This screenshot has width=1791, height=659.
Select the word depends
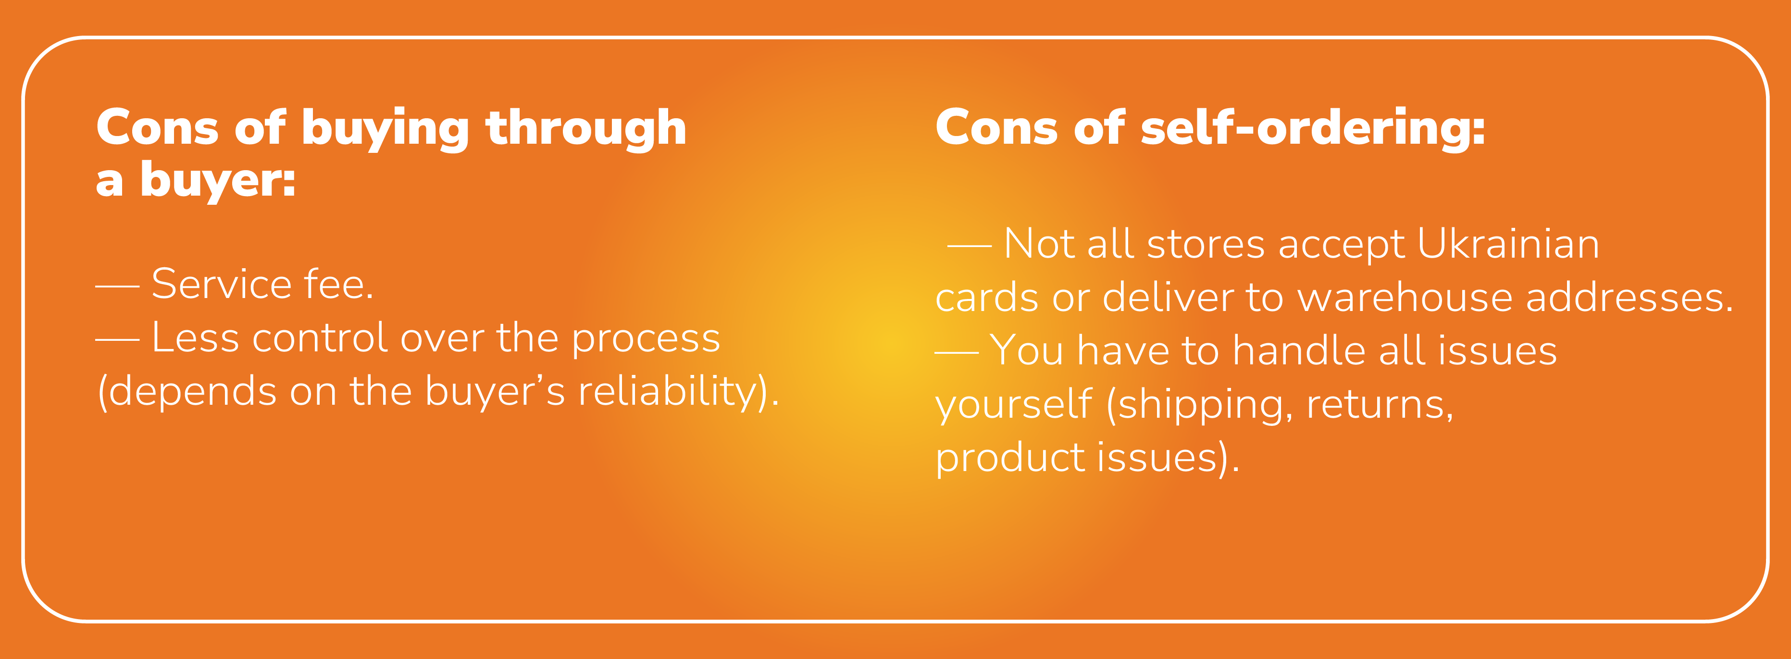pos(193,393)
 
